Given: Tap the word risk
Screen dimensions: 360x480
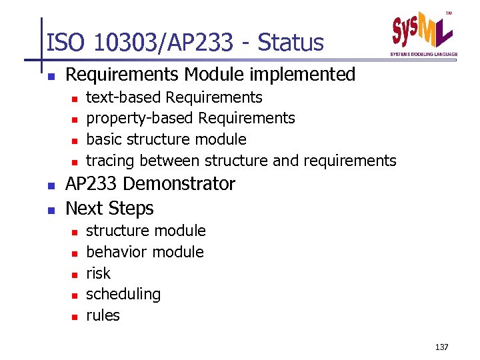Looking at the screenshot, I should point(99,273).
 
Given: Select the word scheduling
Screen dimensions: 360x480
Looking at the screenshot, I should point(123,294).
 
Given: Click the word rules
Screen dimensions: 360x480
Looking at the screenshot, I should point(103,315).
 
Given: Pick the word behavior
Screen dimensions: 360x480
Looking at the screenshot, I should point(115,252).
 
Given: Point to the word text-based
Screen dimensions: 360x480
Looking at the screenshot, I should point(124,97).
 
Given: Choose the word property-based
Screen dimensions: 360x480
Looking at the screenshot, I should point(141,119).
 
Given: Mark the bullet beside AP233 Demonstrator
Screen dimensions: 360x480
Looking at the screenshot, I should point(51,185).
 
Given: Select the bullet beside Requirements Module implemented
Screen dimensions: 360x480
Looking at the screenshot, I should point(51,75).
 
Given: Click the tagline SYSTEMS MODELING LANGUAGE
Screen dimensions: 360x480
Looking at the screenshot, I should point(424,54).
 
